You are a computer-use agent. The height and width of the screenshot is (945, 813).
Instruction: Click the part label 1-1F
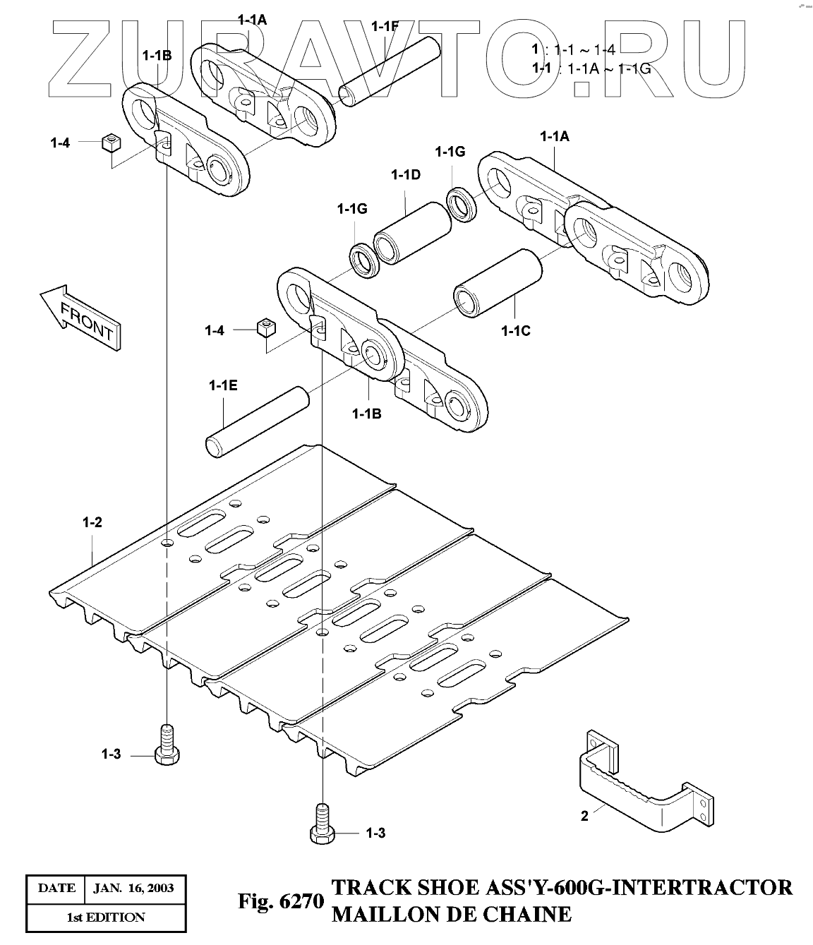(x=385, y=28)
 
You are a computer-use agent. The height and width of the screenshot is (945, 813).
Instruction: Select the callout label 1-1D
(x=406, y=175)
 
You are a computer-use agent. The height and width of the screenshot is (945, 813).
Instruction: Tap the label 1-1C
(x=515, y=330)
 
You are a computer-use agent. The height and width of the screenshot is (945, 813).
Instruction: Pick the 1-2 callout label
(x=92, y=523)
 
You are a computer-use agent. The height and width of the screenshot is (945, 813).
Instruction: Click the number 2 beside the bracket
(x=584, y=816)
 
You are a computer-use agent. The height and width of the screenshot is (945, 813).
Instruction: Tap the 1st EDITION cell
(x=106, y=917)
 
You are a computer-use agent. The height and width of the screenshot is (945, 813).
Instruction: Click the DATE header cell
(x=56, y=887)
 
